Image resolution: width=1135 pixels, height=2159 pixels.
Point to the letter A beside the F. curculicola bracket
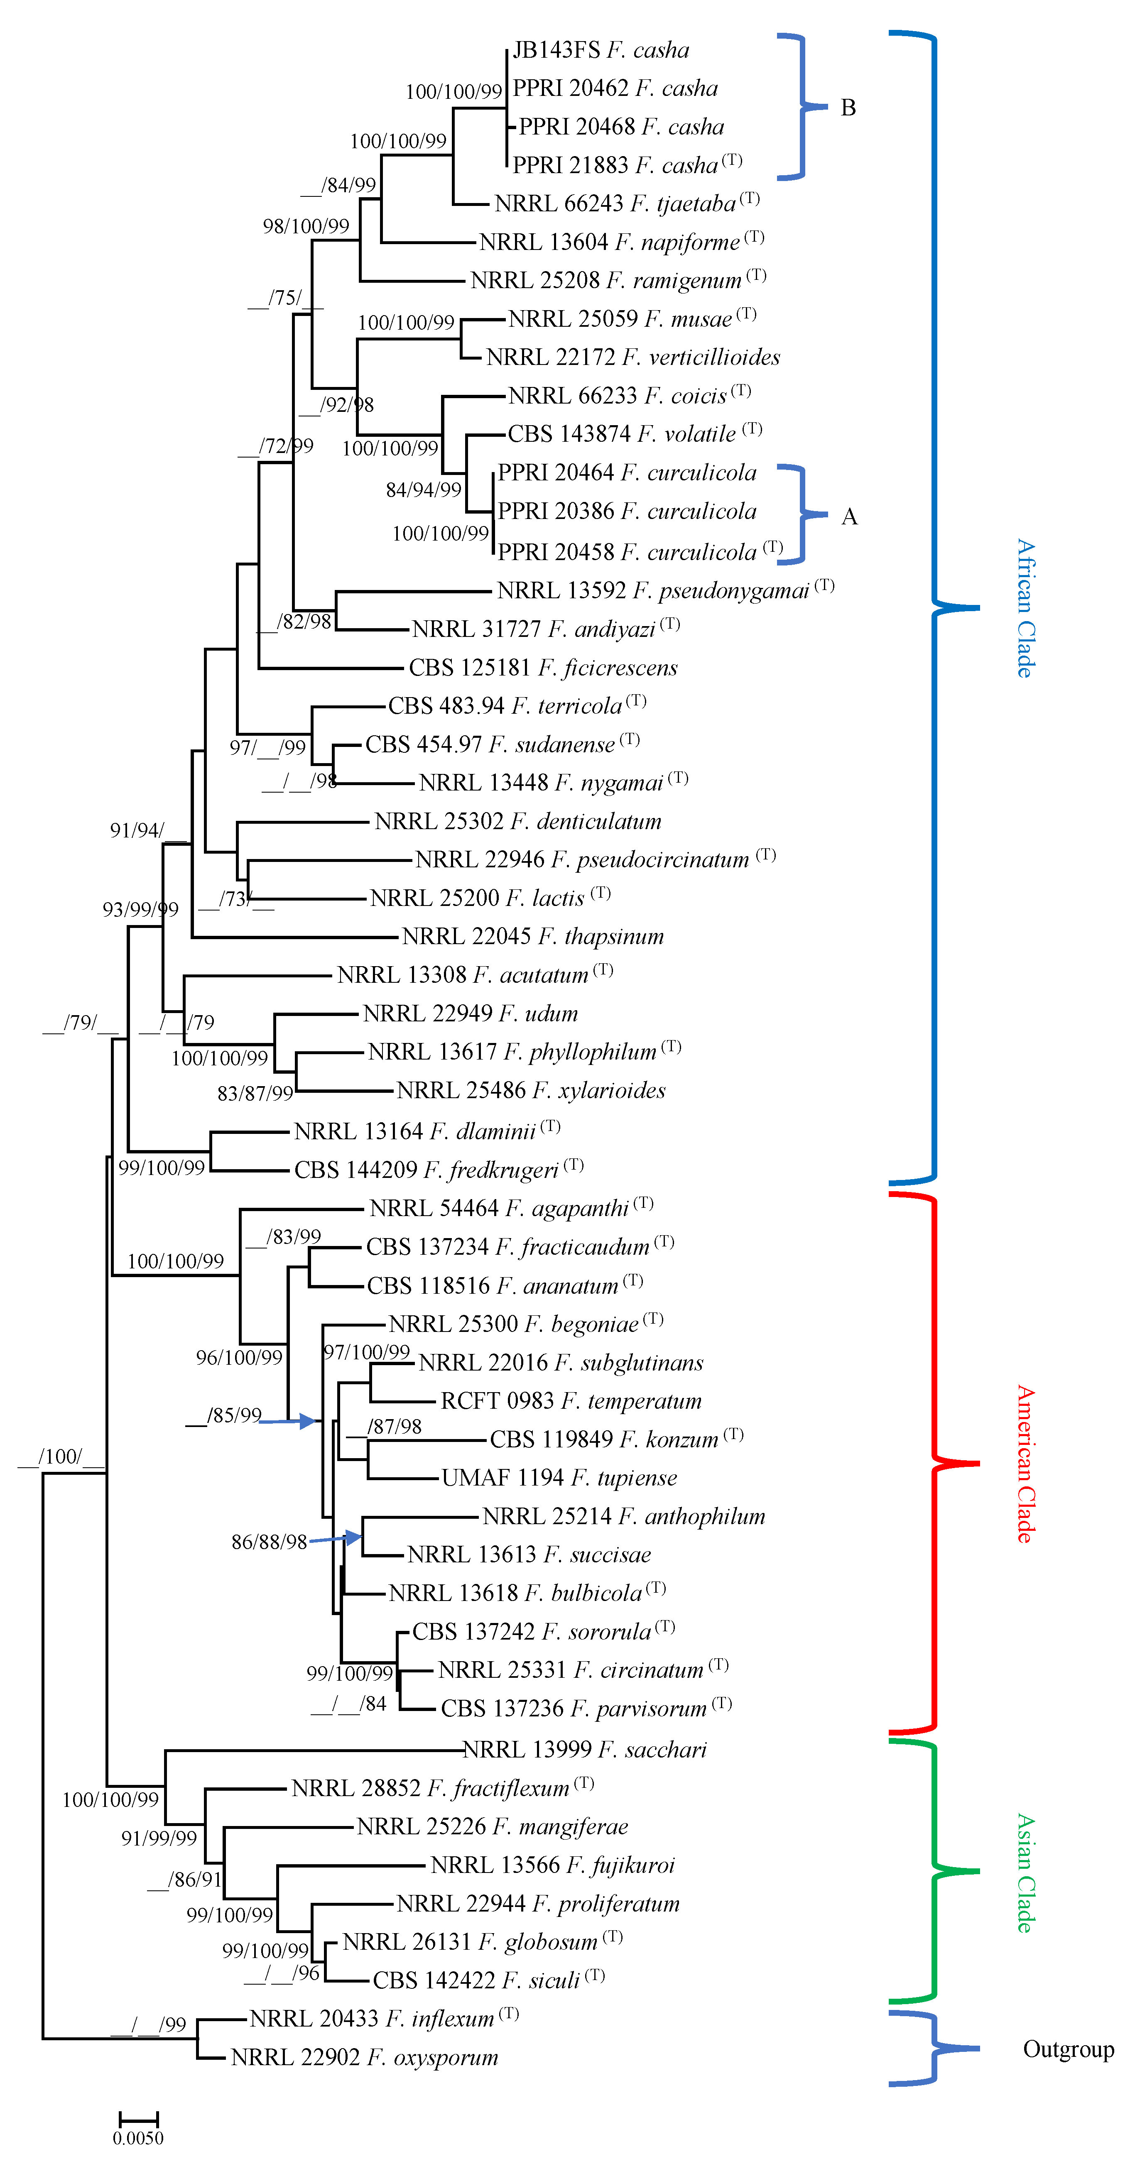click(x=849, y=516)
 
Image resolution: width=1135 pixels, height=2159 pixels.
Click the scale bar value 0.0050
click(x=138, y=2137)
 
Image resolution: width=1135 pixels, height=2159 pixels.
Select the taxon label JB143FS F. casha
click(x=600, y=50)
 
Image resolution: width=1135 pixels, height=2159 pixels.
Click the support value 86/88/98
click(x=269, y=1542)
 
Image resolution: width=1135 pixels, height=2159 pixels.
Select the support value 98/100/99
click(x=306, y=226)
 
